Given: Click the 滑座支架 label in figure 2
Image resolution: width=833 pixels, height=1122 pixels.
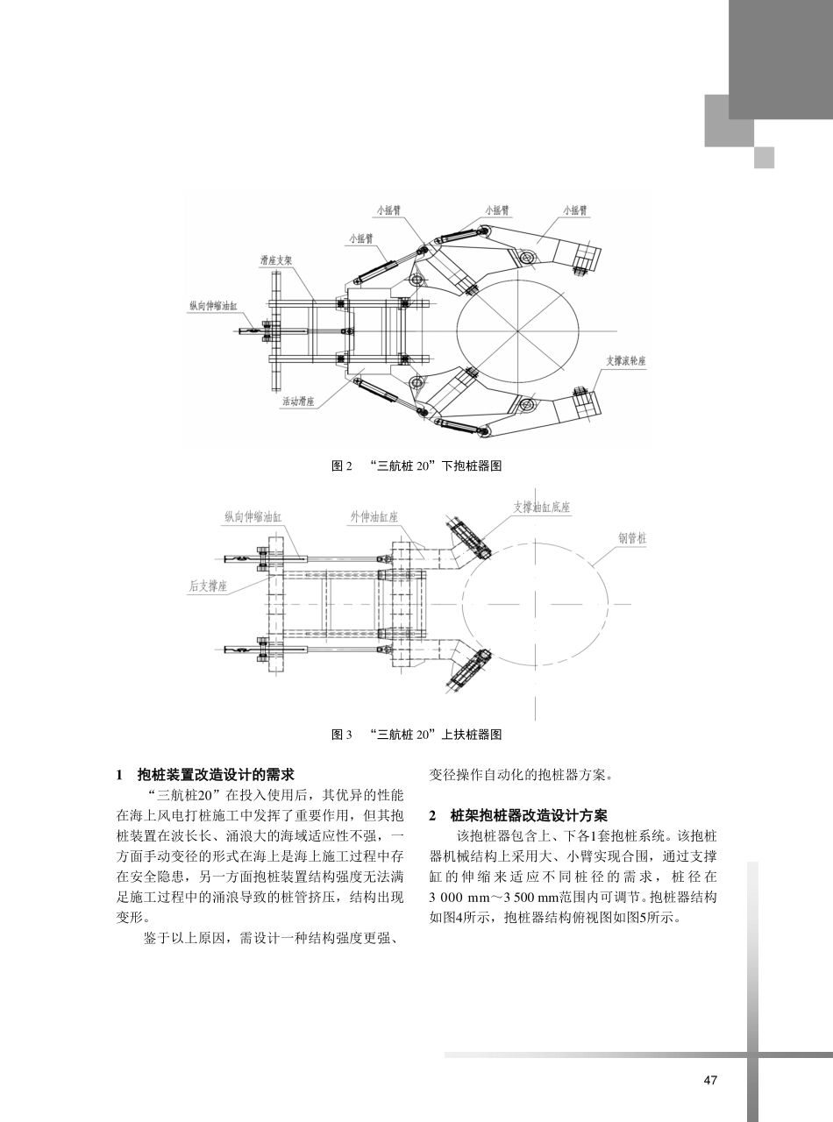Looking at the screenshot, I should click(x=277, y=260).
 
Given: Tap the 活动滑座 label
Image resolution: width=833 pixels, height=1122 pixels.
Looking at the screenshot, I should click(x=298, y=401).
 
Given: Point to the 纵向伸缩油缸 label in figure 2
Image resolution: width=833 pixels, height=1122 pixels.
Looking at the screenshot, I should click(x=213, y=305).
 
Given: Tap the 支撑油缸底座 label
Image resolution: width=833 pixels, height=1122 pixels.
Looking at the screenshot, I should click(x=542, y=508).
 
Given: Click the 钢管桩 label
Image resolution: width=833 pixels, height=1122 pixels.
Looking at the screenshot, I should click(x=631, y=538).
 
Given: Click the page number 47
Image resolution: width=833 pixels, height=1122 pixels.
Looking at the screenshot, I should click(x=710, y=1080).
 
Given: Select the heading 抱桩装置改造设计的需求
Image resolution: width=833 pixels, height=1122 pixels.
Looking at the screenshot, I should click(x=216, y=774).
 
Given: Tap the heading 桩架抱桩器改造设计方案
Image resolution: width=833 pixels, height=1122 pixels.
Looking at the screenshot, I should click(x=534, y=814).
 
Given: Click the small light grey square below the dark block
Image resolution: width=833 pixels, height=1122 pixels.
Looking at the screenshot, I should click(x=765, y=157).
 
